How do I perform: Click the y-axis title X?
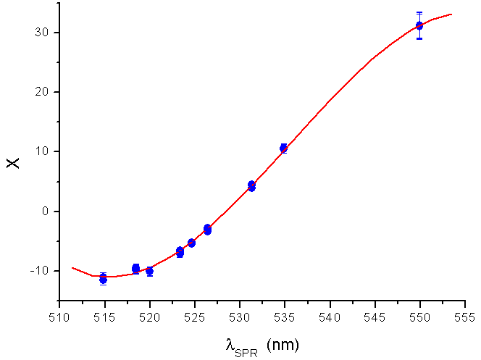14,163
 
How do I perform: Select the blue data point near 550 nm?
419,25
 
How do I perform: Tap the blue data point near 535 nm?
284,148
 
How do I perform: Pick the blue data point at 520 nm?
149,271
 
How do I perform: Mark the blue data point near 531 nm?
251,186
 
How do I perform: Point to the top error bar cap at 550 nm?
419,12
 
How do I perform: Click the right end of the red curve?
451,14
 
